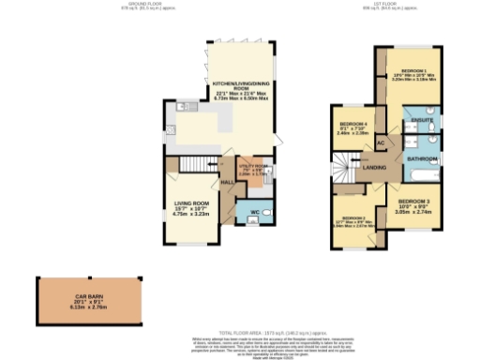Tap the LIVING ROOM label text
click(190, 203)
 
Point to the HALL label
click(226, 182)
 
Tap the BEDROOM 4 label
click(352, 125)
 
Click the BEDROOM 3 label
click(412, 202)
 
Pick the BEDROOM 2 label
click(353, 218)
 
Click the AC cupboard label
click(381, 142)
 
